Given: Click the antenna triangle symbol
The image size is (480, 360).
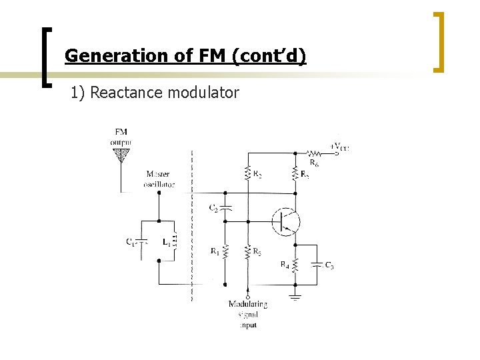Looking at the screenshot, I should tap(121, 155).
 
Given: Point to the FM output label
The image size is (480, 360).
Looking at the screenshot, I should tap(121, 137).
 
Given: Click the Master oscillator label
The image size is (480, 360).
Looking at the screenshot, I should tap(159, 179).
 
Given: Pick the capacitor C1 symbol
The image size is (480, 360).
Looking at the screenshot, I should tap(141, 242).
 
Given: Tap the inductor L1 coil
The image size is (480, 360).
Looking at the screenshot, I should tap(175, 241).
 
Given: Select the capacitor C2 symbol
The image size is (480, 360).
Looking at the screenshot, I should tap(225, 208).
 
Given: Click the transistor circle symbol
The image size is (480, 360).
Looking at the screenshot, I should tap(285, 221).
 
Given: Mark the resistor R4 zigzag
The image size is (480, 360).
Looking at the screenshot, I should tap(295, 265).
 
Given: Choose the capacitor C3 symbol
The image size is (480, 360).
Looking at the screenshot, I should tap(317, 265).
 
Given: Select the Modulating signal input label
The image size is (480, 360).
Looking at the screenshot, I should tap(247, 314).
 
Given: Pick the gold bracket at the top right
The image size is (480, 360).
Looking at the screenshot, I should tap(439, 41).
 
